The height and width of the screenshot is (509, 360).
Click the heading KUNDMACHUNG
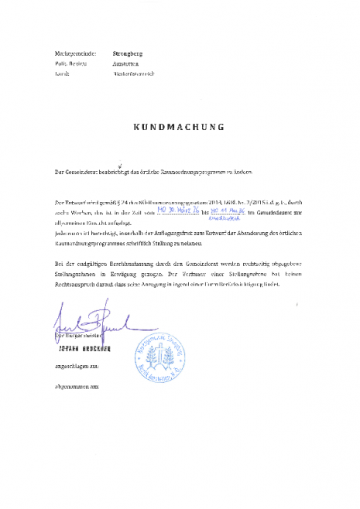click(179, 125)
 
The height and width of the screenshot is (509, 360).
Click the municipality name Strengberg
click(129, 53)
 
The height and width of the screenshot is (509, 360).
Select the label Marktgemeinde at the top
click(70, 53)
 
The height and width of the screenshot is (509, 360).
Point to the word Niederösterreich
click(134, 73)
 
